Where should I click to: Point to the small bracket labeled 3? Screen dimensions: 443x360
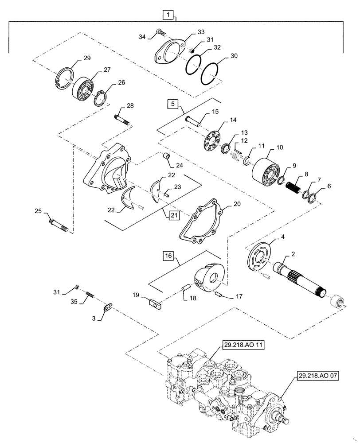[108, 307]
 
